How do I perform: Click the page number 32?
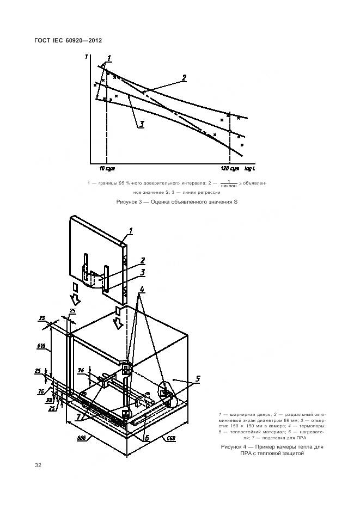(38, 465)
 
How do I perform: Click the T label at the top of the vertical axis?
(87, 56)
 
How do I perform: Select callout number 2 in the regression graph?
(184, 78)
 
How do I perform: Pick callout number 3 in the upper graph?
(141, 124)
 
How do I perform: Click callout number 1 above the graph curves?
(109, 58)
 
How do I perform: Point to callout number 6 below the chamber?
(147, 437)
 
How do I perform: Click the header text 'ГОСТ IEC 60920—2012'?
(68, 40)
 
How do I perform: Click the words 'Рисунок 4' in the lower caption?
(234, 446)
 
